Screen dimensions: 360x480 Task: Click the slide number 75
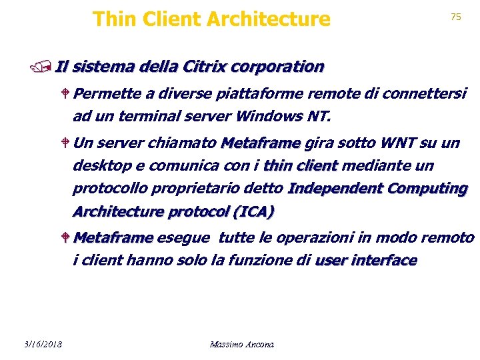456,17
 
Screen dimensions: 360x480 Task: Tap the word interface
385,260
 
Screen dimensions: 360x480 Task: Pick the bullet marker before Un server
65,143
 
